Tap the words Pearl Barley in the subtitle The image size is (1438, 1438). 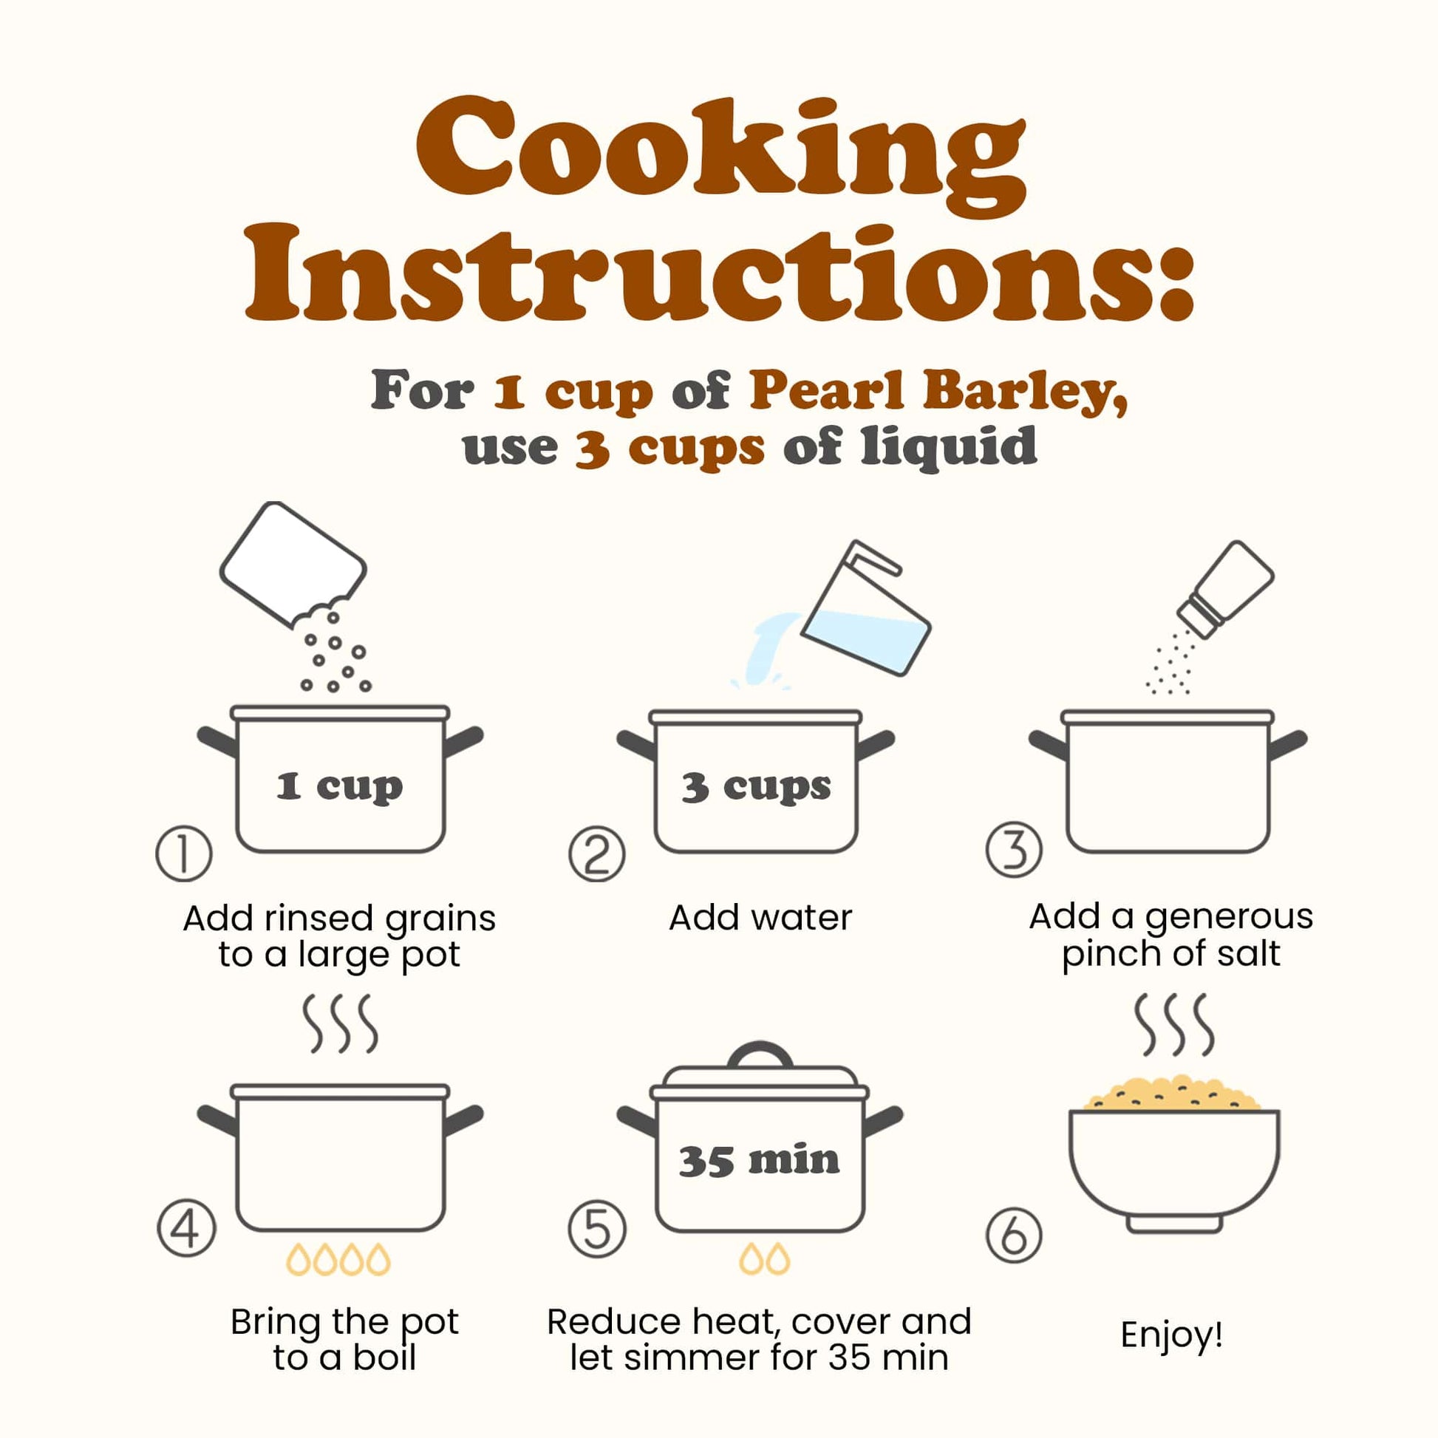(x=938, y=391)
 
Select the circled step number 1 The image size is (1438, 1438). (x=184, y=853)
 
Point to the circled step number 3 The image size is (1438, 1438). (x=1015, y=849)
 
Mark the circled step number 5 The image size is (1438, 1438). (x=597, y=1228)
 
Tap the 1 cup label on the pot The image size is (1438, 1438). (x=339, y=787)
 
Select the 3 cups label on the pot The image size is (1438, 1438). (x=756, y=787)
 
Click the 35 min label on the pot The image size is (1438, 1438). (x=759, y=1160)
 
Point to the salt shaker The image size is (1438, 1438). (x=1225, y=589)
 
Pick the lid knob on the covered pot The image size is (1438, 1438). (x=760, y=1056)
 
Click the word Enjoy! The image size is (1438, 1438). (x=1171, y=1335)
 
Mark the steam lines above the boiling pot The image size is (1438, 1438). (x=340, y=1024)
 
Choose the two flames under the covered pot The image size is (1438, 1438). (x=764, y=1258)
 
